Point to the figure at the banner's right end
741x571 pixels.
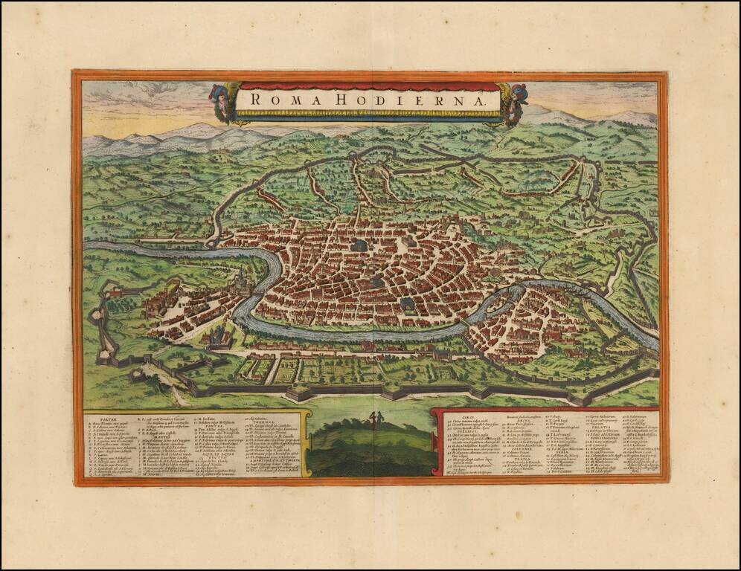click(x=514, y=103)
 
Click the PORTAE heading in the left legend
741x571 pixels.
click(x=99, y=417)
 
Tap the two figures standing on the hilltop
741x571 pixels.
click(x=373, y=420)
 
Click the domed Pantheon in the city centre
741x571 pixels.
click(x=360, y=245)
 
